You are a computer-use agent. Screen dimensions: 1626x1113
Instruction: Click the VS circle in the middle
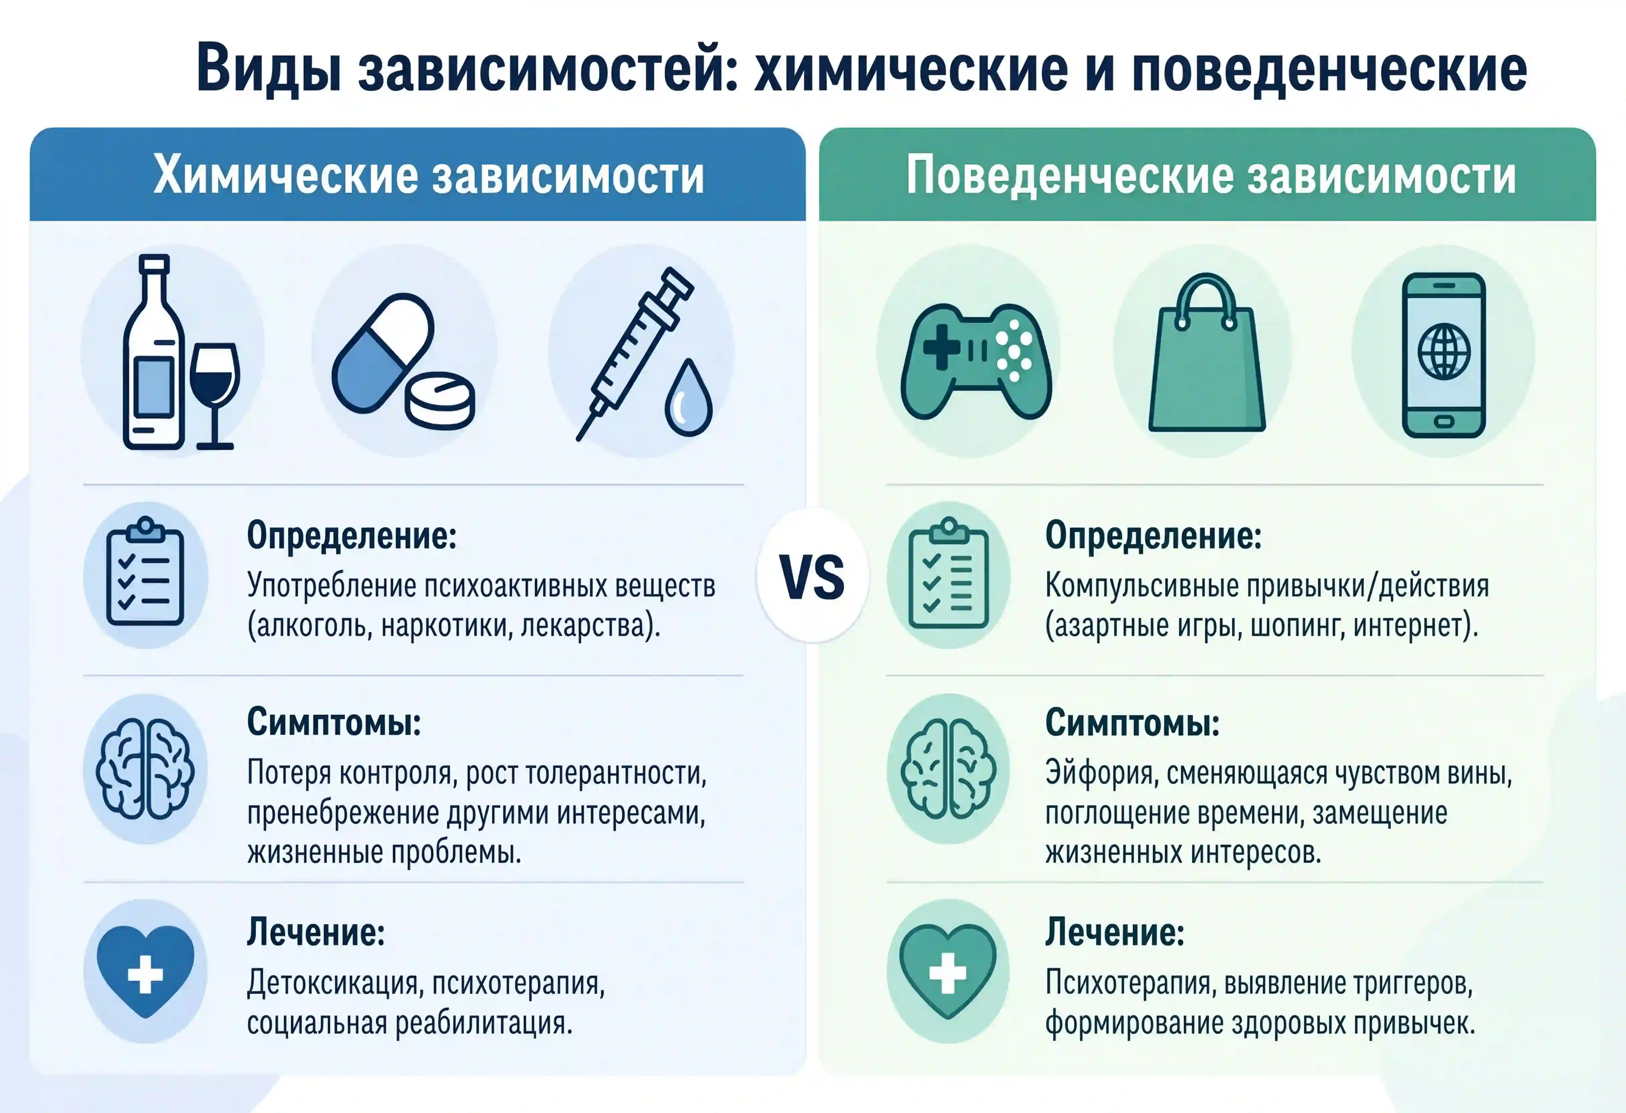[812, 576]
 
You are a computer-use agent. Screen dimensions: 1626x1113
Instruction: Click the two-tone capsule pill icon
[383, 352]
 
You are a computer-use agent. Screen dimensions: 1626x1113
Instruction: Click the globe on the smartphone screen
[1443, 351]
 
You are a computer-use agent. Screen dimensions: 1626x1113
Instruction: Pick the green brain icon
[947, 769]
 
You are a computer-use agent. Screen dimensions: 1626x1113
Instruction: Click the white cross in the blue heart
[145, 973]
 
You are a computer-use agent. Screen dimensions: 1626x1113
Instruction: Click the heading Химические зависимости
[428, 175]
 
